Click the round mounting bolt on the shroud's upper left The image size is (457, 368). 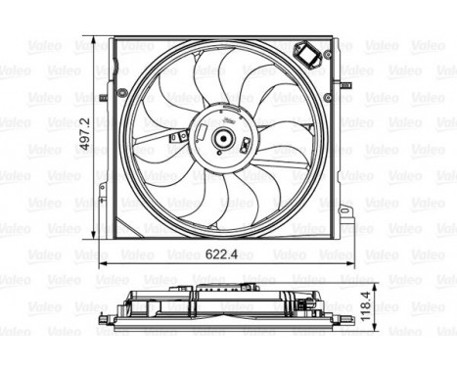pyautogui.click(x=121, y=92)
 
